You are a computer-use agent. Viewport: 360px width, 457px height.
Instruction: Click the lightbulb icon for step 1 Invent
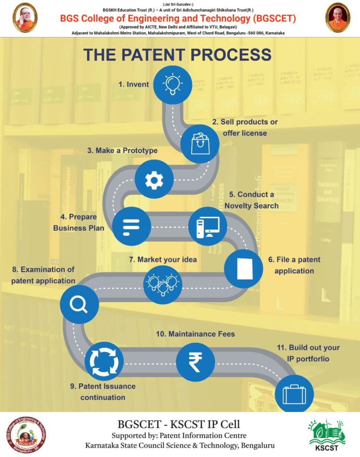click(173, 84)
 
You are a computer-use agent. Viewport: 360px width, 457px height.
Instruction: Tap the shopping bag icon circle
click(200, 143)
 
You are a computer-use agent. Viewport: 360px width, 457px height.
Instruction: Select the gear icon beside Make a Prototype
click(154, 179)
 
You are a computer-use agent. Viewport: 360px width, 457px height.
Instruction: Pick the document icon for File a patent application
click(243, 269)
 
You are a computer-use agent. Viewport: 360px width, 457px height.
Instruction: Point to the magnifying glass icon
click(79, 305)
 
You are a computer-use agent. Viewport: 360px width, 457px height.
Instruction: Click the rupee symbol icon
click(195, 362)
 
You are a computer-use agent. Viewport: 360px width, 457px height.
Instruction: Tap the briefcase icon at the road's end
click(294, 394)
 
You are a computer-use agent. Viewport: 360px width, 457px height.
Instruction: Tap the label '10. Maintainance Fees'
click(195, 334)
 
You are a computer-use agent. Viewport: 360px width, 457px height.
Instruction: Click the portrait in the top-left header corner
click(25, 18)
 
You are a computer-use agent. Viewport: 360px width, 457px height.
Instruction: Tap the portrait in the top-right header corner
click(338, 18)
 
